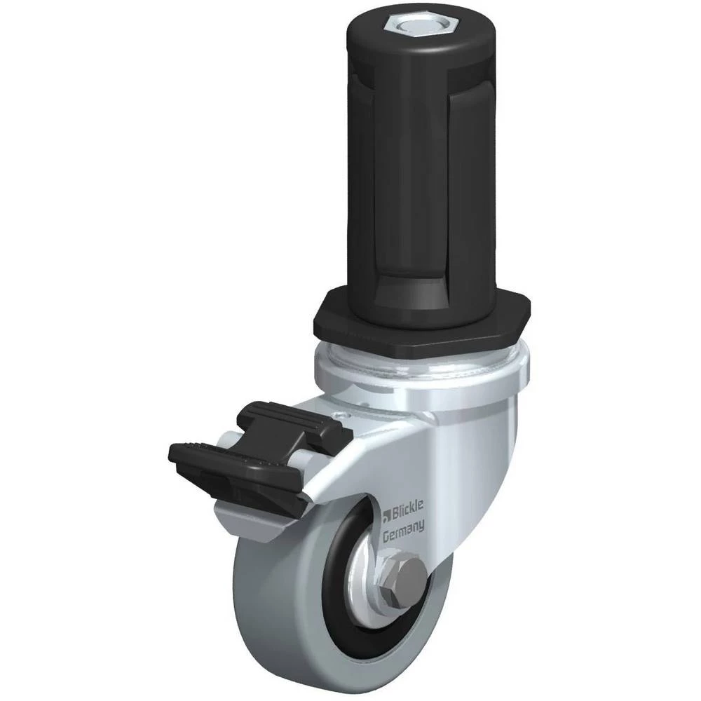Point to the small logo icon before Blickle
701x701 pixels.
388,515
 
